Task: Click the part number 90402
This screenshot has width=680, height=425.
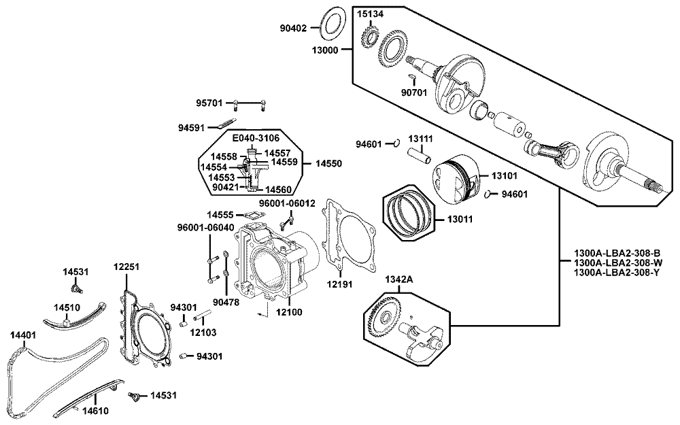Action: (x=293, y=29)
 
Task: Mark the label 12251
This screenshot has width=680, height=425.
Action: (x=126, y=267)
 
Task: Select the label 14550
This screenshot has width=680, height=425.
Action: (x=328, y=164)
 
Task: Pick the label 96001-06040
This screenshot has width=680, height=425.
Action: (x=205, y=227)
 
